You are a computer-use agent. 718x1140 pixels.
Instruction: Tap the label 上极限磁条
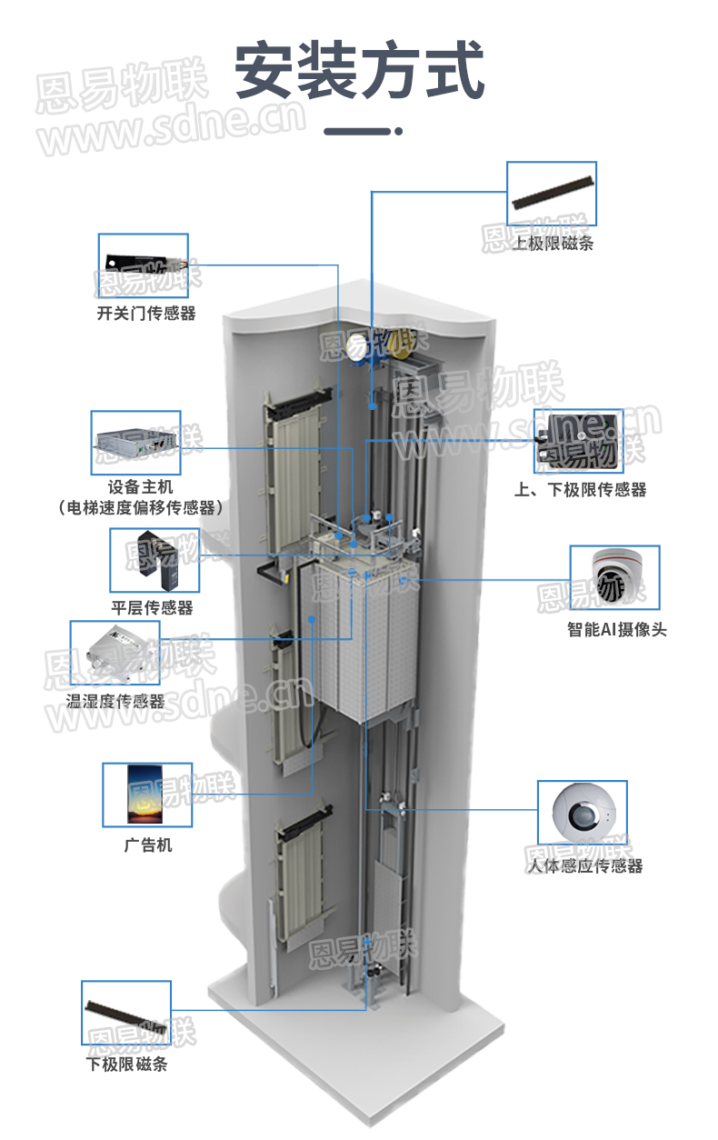click(x=553, y=243)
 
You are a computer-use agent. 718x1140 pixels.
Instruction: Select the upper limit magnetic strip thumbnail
click(x=552, y=194)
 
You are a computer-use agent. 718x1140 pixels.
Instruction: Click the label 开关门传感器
click(x=145, y=314)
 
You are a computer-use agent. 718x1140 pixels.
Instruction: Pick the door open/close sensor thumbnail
click(x=144, y=265)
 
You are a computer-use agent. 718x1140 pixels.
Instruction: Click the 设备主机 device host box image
click(x=136, y=443)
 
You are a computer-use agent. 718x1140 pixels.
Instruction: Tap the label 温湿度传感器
click(x=115, y=702)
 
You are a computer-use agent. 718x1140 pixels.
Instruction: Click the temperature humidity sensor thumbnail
click(x=115, y=653)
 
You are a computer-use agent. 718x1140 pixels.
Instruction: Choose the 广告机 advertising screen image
click(x=147, y=795)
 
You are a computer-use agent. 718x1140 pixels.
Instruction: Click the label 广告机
click(x=147, y=845)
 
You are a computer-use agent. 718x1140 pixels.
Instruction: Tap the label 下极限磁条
click(x=126, y=1064)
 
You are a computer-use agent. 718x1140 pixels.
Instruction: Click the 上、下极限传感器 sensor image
click(x=578, y=440)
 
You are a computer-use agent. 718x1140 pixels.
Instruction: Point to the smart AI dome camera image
click(x=614, y=577)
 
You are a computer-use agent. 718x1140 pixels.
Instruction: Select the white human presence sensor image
click(x=583, y=812)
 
